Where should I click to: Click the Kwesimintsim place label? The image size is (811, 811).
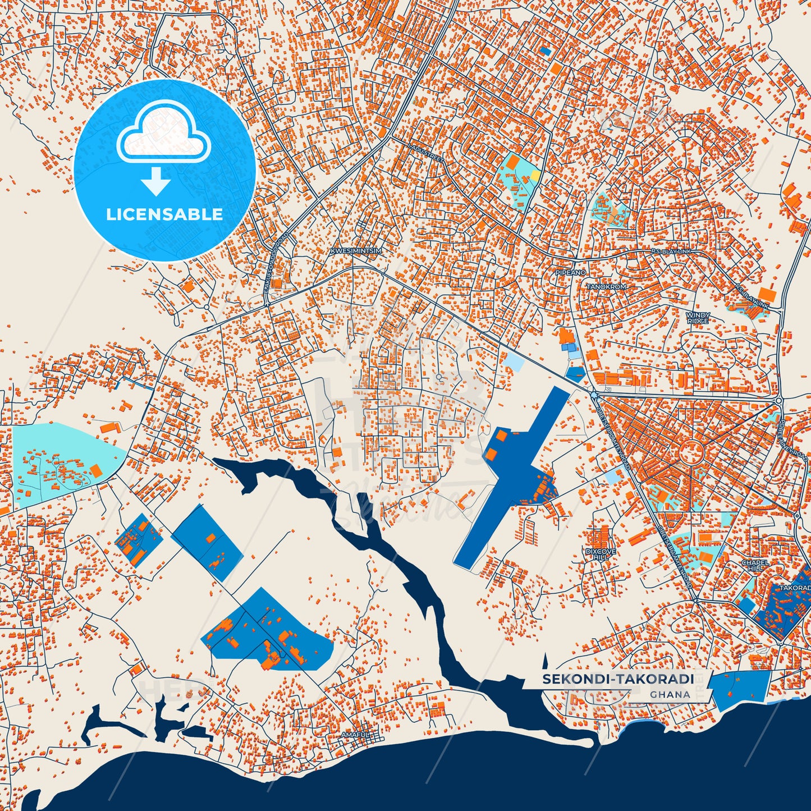coord(356,251)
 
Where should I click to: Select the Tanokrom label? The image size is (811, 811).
coord(606,287)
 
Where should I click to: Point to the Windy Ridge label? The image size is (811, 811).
coord(698,318)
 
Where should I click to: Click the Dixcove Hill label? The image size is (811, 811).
coord(601,555)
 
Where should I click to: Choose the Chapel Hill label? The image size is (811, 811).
coord(753,565)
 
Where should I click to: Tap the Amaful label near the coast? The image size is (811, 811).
coord(356,735)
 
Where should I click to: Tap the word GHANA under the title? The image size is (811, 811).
coord(670,694)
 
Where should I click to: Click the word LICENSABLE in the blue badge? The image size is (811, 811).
coord(164,214)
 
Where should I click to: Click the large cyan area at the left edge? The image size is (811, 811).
coord(56,460)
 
